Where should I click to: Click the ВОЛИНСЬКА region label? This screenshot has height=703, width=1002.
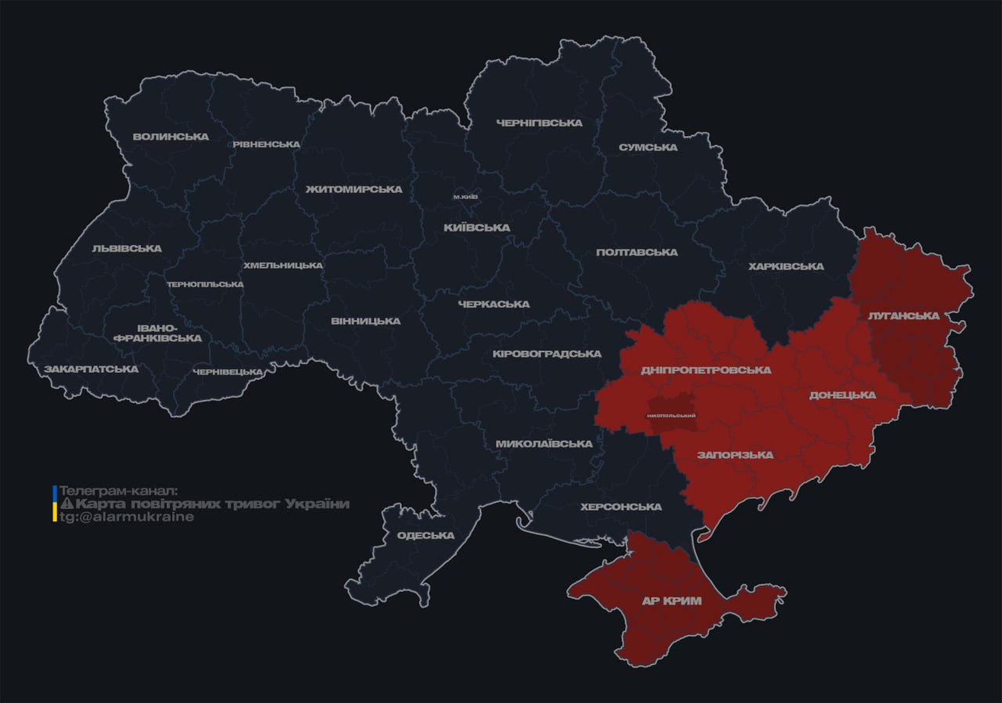click(171, 136)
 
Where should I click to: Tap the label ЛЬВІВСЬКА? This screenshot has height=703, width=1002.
click(127, 248)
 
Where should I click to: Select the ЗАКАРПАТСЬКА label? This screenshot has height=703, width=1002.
click(91, 369)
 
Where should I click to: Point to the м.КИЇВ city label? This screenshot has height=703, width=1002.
click(466, 196)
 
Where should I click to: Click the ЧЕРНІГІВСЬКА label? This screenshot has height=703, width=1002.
click(539, 123)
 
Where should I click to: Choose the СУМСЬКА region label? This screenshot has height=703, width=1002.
click(647, 147)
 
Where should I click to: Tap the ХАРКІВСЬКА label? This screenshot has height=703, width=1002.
click(786, 266)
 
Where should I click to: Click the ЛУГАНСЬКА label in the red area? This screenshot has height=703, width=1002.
click(903, 315)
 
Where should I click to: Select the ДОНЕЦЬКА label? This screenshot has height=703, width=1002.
click(842, 395)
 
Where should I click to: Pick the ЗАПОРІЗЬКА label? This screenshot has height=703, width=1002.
click(735, 455)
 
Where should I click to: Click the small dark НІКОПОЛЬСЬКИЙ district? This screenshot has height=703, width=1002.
click(672, 413)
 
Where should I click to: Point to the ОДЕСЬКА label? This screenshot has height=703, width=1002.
click(425, 535)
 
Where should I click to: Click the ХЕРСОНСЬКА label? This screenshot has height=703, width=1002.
click(621, 507)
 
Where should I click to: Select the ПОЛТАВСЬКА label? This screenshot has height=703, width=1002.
click(636, 252)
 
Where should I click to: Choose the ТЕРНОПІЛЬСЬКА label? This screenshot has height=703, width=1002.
click(205, 284)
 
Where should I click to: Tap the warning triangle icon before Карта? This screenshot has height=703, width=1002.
click(67, 504)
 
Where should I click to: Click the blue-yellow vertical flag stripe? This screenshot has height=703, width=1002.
click(54, 503)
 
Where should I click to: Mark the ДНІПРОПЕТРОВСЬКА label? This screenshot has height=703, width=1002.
click(705, 370)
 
